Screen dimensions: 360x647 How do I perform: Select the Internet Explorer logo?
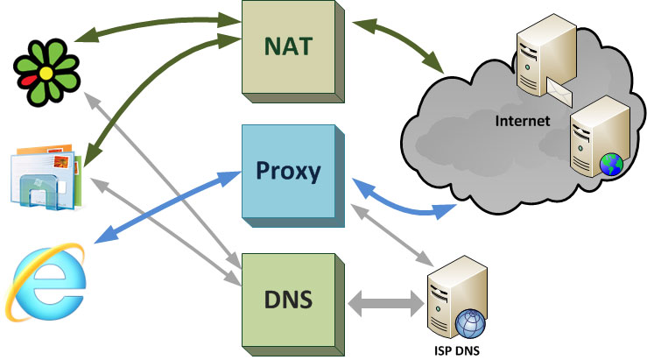tap(48, 281)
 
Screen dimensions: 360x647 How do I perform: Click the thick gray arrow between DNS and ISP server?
tap(385, 305)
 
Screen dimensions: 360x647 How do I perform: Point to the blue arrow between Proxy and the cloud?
tap(403, 205)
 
